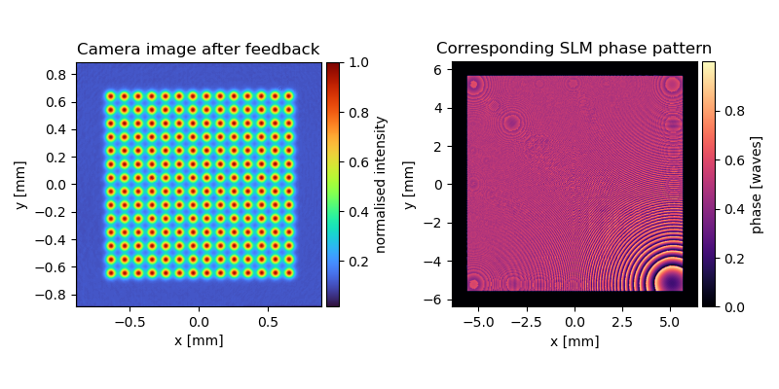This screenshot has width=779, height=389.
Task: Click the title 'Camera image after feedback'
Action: pyautogui.click(x=199, y=50)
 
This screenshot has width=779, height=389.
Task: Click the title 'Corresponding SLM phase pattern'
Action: pyautogui.click(x=574, y=48)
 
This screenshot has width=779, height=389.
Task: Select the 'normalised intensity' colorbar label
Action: pyautogui.click(x=381, y=185)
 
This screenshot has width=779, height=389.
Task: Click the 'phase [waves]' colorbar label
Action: pyautogui.click(x=758, y=185)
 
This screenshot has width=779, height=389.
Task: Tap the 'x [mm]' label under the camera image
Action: pyautogui.click(x=199, y=341)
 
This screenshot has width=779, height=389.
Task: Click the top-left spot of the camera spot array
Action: pyautogui.click(x=111, y=96)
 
